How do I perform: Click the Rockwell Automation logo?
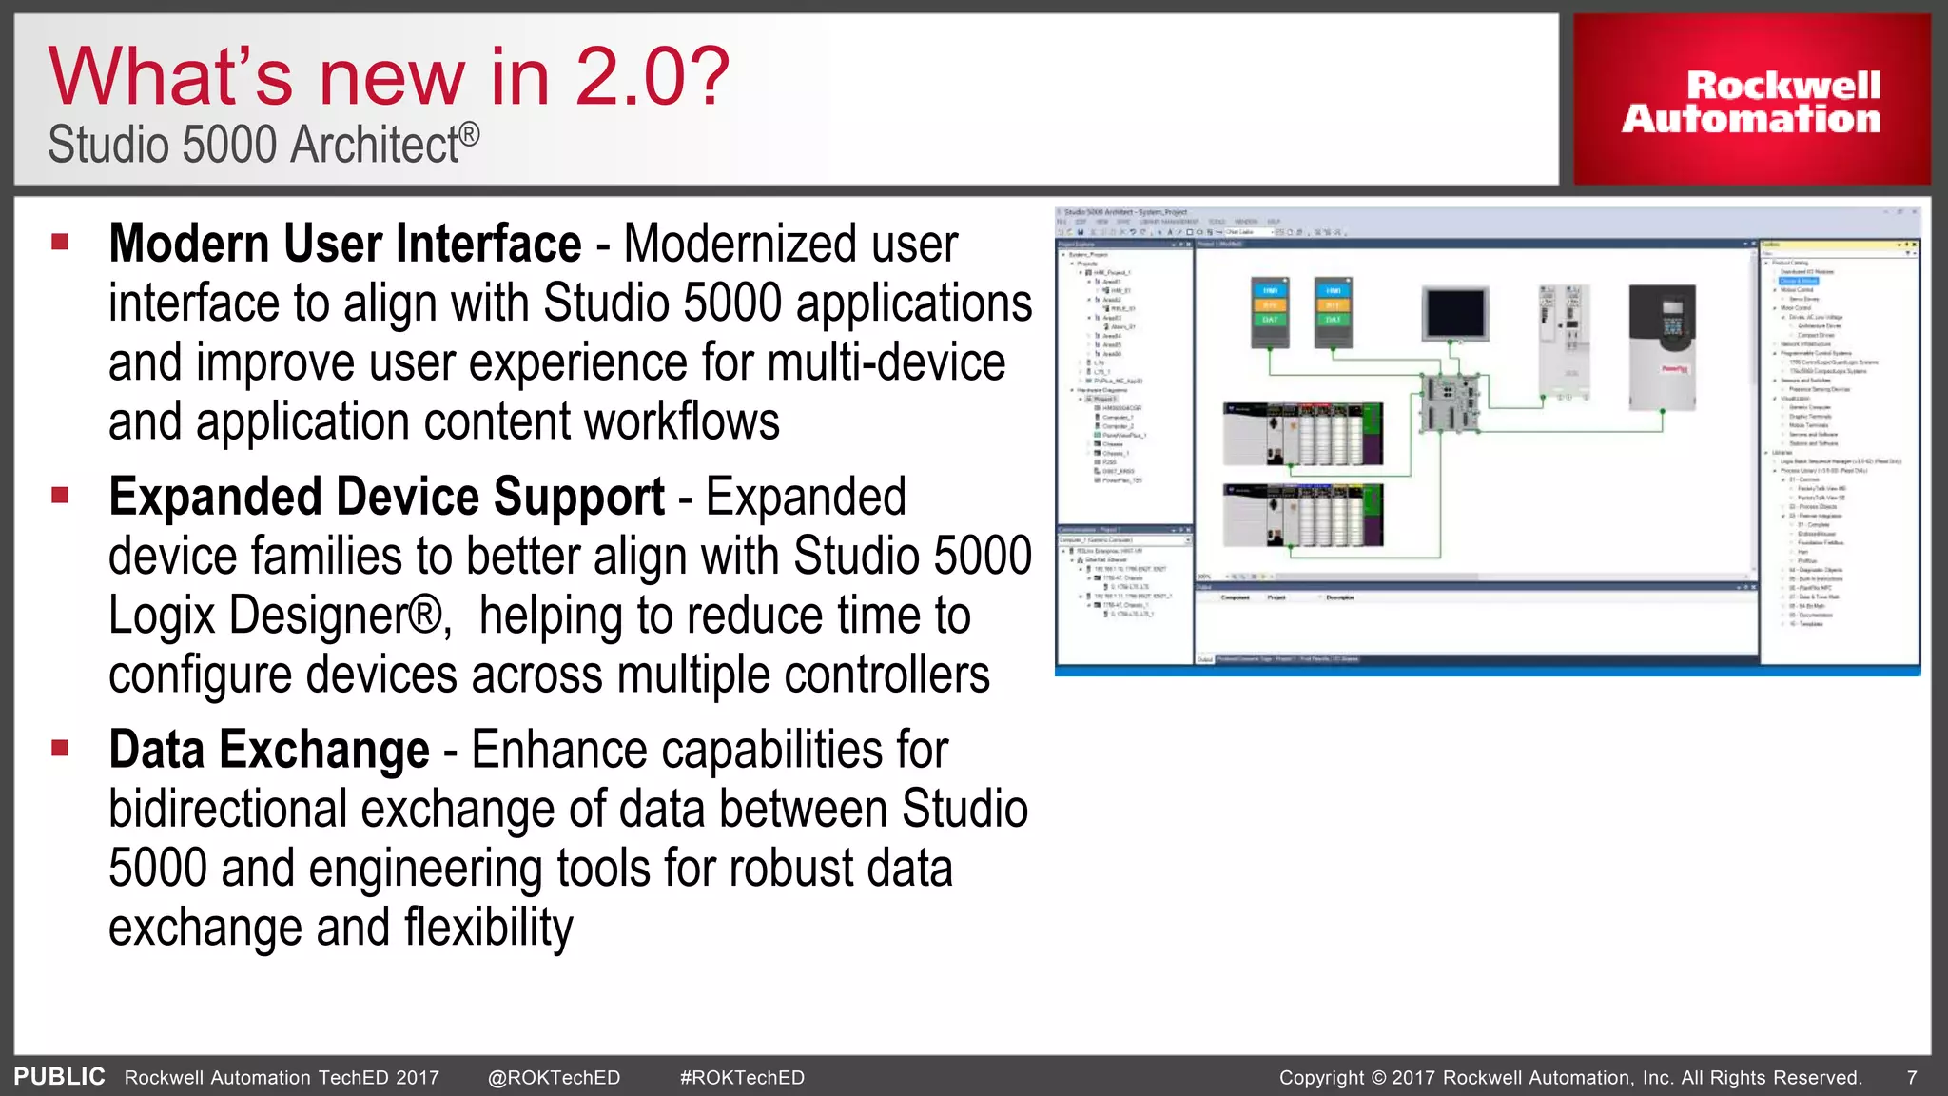coord(1751,102)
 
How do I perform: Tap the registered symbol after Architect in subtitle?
coord(470,135)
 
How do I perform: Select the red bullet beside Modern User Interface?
coord(61,242)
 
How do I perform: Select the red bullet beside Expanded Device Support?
coord(61,495)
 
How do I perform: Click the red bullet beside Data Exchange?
coord(61,748)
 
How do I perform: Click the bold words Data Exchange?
coord(269,750)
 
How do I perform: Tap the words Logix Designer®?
coord(276,616)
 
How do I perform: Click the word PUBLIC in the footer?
coord(59,1077)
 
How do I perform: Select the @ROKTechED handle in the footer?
coord(554,1078)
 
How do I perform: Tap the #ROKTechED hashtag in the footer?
coord(742,1078)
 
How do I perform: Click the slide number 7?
coord(1912,1078)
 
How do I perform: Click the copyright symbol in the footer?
coord(1378,1078)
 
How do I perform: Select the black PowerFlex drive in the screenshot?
coord(1662,346)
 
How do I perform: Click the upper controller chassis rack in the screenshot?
coord(1302,434)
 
